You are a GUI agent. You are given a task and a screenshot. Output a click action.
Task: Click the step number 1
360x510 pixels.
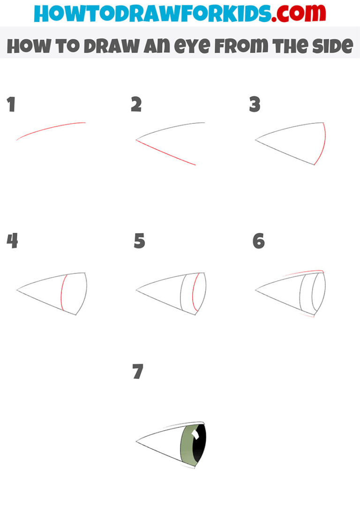[x=11, y=105]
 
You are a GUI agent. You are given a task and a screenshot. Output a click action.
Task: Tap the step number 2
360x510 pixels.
[x=136, y=105]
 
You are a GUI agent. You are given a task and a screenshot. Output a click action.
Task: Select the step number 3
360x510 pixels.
[x=255, y=105]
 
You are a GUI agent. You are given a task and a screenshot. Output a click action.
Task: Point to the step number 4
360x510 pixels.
[x=12, y=241]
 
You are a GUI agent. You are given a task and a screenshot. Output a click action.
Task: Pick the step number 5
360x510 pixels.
[x=139, y=241]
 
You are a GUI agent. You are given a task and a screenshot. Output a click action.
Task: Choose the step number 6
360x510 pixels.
[x=258, y=241]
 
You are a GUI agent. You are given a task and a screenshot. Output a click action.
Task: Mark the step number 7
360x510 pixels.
[x=137, y=372]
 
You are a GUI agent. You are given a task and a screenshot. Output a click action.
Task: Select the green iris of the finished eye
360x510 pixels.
[x=186, y=448]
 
